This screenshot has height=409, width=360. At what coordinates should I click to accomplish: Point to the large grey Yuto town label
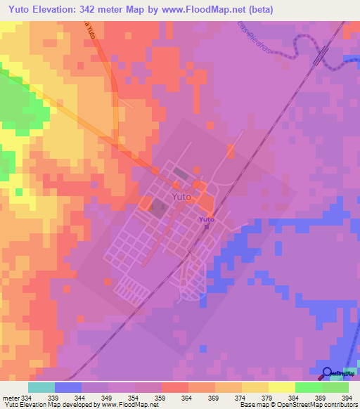click(x=181, y=197)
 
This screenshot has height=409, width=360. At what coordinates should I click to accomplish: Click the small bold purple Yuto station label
click(x=206, y=220)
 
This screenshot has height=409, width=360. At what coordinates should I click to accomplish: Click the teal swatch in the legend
click(x=41, y=387)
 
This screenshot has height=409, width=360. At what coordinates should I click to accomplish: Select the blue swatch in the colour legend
click(x=67, y=387)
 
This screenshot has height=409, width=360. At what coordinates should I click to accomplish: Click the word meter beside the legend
click(x=8, y=397)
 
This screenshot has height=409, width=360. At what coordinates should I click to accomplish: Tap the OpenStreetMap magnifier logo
click(x=328, y=372)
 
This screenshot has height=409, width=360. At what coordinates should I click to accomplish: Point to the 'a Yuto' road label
click(x=89, y=31)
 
